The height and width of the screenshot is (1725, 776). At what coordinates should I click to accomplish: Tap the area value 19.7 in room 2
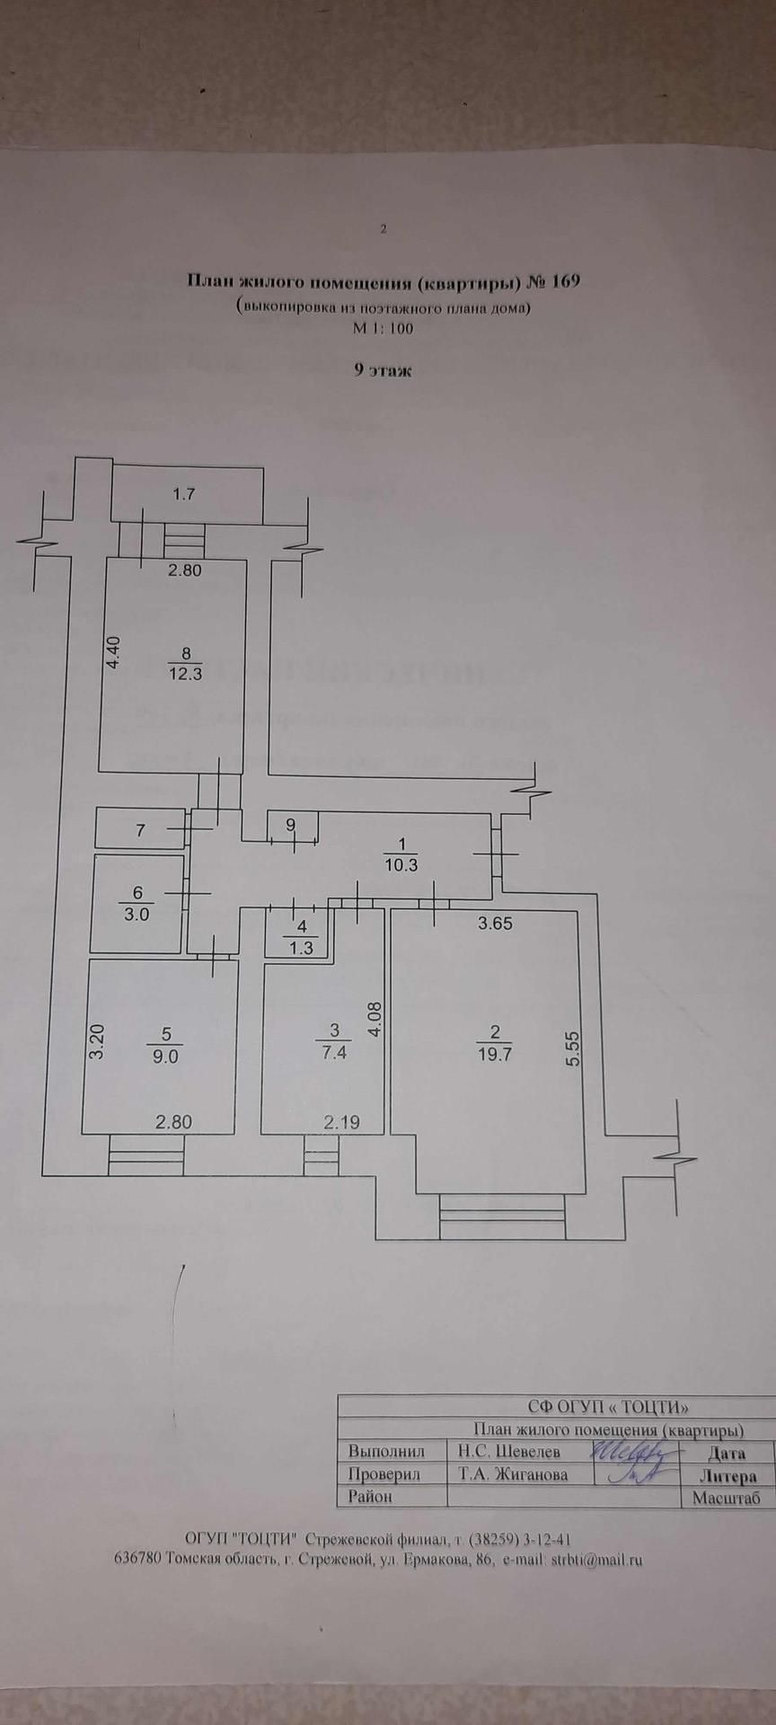tap(494, 1056)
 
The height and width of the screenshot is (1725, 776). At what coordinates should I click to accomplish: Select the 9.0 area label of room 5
tap(166, 1057)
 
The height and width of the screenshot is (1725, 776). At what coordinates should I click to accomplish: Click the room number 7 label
tap(140, 831)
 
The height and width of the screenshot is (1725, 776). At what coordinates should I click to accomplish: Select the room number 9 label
tap(291, 824)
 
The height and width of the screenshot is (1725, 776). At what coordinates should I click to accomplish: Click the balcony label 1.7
tap(184, 493)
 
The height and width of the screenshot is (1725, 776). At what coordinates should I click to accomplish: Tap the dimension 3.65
tap(495, 923)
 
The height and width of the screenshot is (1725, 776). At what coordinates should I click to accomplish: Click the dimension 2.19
tap(341, 1121)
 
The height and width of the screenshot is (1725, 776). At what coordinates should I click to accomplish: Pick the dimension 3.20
tap(97, 1042)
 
